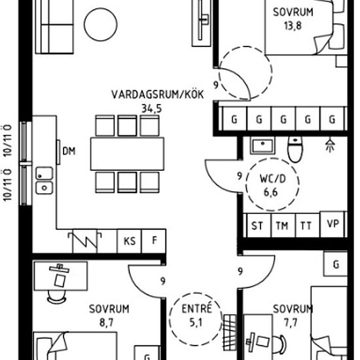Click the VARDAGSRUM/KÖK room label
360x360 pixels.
click(158, 94)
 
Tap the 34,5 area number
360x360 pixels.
click(152, 109)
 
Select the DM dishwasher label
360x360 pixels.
click(69, 151)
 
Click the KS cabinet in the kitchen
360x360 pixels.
click(130, 241)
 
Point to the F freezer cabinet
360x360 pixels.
click(154, 241)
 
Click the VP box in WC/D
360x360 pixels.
click(333, 224)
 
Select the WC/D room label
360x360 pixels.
click(272, 179)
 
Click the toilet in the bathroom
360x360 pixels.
click(295, 149)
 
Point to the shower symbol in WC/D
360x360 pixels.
click(330, 145)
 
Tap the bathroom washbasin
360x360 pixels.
click(262, 146)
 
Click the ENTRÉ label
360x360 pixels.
click(196, 308)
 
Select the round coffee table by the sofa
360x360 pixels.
click(101, 25)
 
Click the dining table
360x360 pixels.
click(127, 154)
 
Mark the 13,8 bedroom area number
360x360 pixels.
click(293, 26)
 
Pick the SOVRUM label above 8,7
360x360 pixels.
click(109, 309)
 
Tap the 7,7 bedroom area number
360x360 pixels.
click(291, 322)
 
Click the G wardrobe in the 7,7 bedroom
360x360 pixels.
click(335, 264)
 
